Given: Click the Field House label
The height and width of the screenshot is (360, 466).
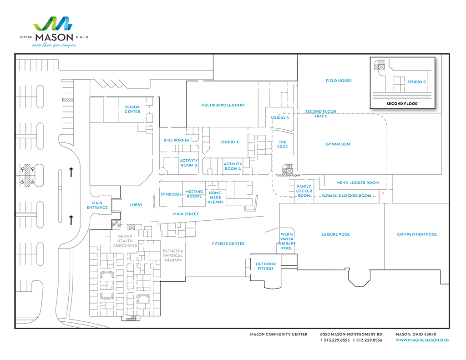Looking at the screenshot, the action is pyautogui.click(x=339, y=81).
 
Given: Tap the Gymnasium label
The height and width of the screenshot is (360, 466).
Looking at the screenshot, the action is pyautogui.click(x=338, y=144).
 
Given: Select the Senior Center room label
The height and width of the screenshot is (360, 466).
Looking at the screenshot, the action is pyautogui.click(x=132, y=109).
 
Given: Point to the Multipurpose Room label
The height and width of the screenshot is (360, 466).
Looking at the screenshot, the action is pyautogui.click(x=223, y=105).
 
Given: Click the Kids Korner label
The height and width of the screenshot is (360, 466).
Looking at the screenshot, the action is pyautogui.click(x=177, y=140).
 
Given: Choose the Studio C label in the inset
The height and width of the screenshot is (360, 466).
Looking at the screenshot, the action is pyautogui.click(x=417, y=82).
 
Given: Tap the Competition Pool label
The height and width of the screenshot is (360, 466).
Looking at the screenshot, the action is pyautogui.click(x=417, y=234).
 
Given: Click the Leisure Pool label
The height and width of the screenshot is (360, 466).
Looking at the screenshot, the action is pyautogui.click(x=336, y=234).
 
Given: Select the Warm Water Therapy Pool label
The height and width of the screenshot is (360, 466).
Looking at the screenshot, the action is pyautogui.click(x=287, y=241).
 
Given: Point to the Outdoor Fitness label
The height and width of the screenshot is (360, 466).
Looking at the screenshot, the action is pyautogui.click(x=266, y=266).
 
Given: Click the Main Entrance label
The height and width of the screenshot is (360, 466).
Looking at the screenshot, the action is pyautogui.click(x=97, y=205).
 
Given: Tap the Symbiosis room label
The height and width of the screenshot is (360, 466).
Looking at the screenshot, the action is pyautogui.click(x=171, y=194).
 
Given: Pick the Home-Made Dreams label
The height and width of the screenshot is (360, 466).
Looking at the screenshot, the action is pyautogui.click(x=215, y=198).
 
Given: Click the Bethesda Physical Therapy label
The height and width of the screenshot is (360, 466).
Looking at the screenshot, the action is pyautogui.click(x=172, y=256).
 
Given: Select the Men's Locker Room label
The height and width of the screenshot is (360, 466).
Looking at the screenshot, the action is pyautogui.click(x=358, y=183).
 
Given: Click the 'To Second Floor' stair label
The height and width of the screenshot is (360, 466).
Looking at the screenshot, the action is pyautogui.click(x=288, y=175).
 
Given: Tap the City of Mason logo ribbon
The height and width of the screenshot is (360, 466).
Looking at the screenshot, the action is pyautogui.click(x=53, y=24).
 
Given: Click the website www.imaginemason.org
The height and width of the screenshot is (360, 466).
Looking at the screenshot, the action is pyautogui.click(x=422, y=340).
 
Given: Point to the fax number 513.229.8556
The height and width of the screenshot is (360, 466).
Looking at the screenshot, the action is pyautogui.click(x=369, y=340).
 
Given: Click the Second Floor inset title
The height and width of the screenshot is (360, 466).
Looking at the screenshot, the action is pyautogui.click(x=402, y=104).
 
